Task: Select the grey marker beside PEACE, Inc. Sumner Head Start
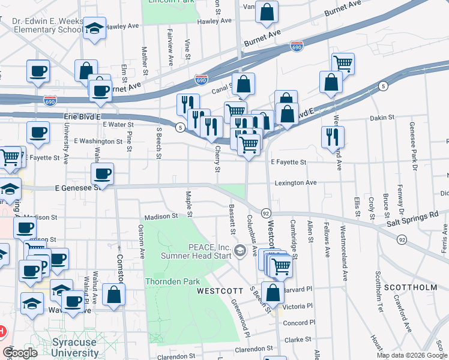point(241,250)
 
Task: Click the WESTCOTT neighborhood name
point(220,291)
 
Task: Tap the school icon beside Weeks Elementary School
point(95,28)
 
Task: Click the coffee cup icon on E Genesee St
point(102,174)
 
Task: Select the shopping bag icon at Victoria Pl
point(273,293)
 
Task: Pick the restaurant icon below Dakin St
point(332,136)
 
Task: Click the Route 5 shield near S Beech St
point(179,127)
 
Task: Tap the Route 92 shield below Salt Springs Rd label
point(400,239)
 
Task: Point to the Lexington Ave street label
point(295,182)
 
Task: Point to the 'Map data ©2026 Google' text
point(412,355)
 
